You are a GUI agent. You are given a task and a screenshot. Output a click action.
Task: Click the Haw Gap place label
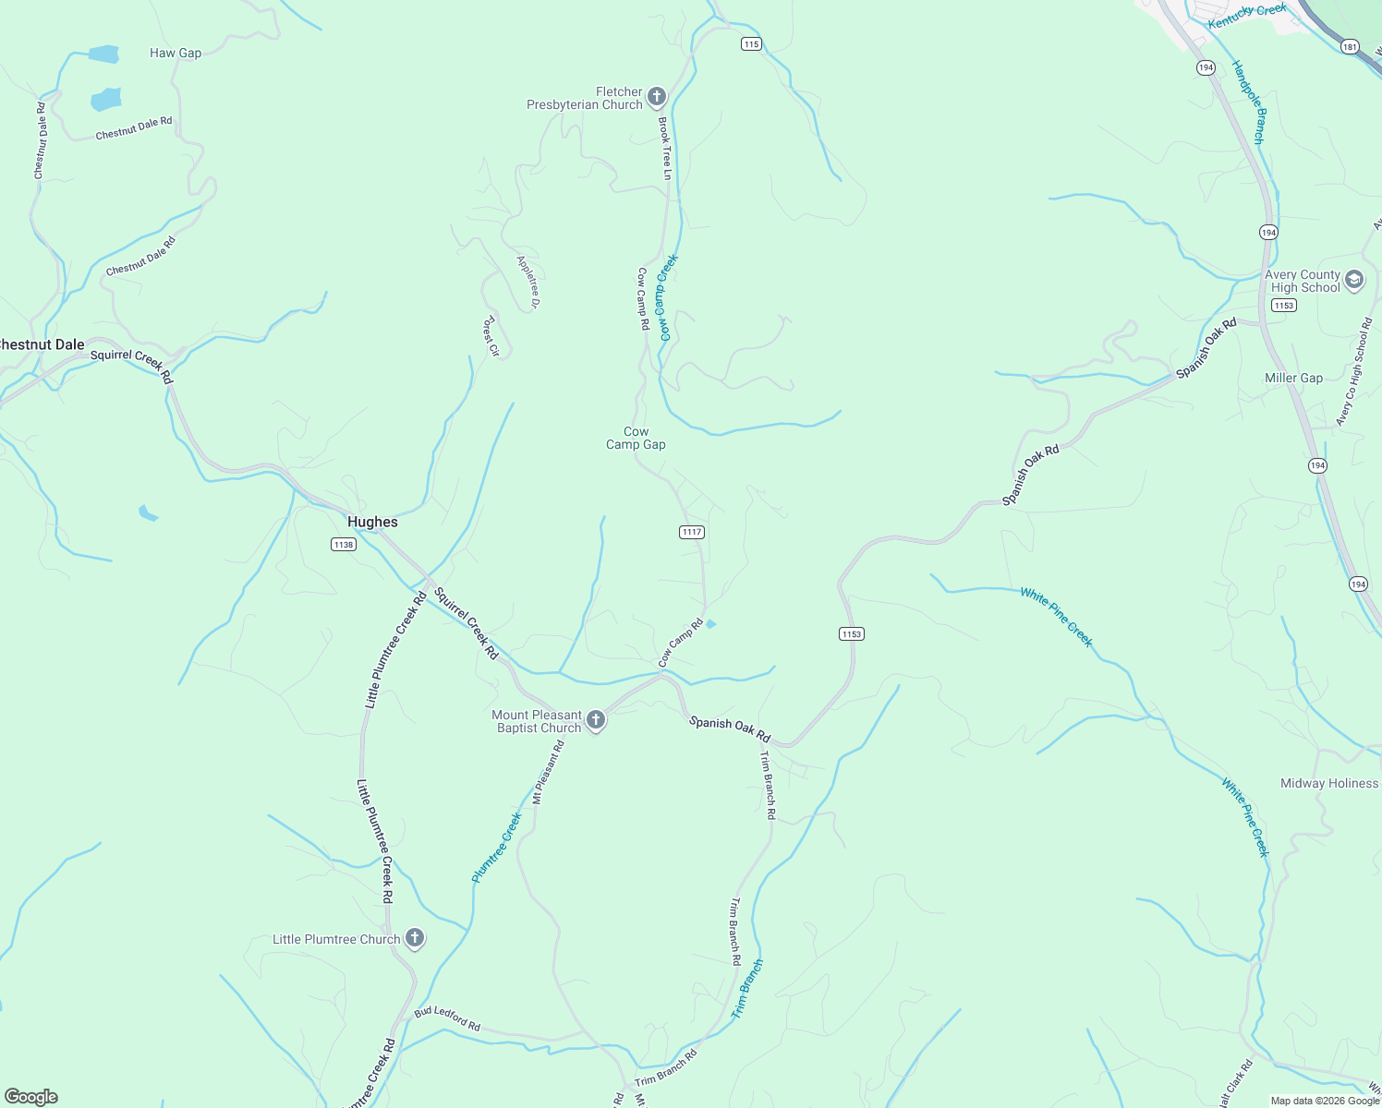tap(176, 54)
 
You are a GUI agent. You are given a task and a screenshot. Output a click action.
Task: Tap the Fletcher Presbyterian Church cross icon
tap(657, 97)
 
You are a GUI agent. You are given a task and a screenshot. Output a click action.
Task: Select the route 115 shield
tap(751, 44)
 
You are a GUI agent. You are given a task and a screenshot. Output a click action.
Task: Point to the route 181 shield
tap(1350, 47)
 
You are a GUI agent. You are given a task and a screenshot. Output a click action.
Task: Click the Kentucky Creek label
tap(1247, 16)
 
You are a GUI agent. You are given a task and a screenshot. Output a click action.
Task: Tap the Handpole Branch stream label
tap(1248, 102)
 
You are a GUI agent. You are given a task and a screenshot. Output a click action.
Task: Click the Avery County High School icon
tap(1354, 281)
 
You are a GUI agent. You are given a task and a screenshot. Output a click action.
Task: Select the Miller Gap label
tap(1293, 378)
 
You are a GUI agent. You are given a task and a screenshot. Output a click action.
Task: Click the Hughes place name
tap(372, 522)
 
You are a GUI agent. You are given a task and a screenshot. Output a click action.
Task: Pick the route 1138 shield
tap(344, 545)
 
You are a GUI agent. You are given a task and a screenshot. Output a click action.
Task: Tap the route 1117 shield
tap(692, 532)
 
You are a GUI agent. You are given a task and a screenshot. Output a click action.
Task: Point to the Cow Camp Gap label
tap(636, 438)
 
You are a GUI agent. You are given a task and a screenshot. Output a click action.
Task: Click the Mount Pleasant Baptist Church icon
tap(596, 720)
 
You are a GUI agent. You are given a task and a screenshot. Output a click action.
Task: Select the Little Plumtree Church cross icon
tap(415, 939)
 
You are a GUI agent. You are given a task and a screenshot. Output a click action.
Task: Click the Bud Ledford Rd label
tap(447, 1018)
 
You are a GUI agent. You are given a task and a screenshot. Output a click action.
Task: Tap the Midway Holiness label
tap(1328, 783)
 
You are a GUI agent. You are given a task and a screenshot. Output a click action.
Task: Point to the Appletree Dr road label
tap(528, 282)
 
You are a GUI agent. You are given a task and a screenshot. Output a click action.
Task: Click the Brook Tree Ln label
tap(665, 148)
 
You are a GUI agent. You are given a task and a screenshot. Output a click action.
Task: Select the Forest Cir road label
tap(491, 336)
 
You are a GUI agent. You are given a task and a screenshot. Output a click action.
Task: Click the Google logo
tap(31, 1097)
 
